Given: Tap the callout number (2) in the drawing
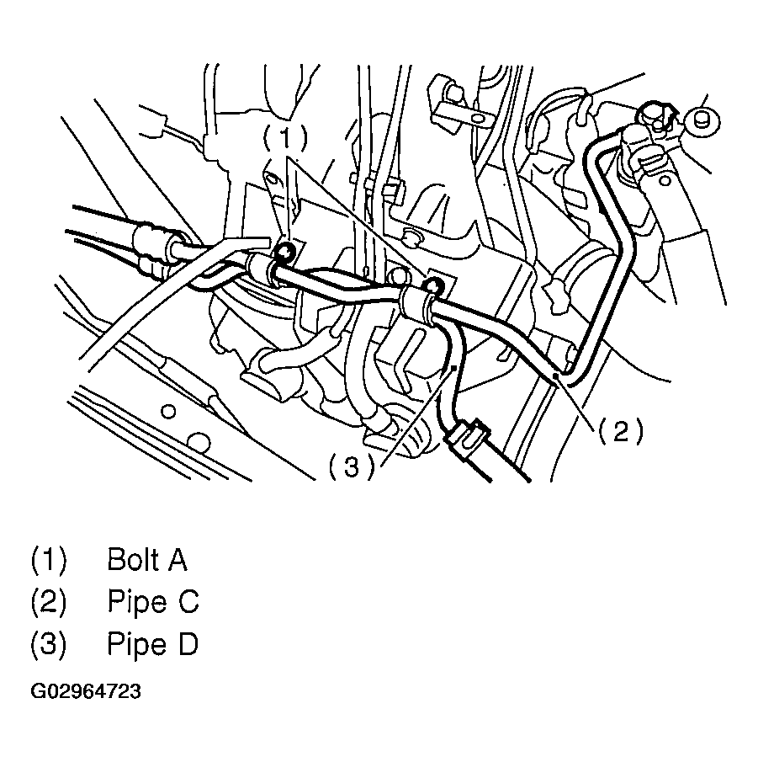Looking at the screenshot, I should click(x=621, y=431).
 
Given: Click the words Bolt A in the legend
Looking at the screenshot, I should click(x=147, y=560).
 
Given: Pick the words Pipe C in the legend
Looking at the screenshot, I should click(x=152, y=602).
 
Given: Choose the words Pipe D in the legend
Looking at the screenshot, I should click(x=152, y=645).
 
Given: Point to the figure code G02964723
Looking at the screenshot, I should click(x=86, y=692).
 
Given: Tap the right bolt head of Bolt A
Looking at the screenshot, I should click(x=433, y=285).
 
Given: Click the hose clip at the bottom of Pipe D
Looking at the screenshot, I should click(x=465, y=438).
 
